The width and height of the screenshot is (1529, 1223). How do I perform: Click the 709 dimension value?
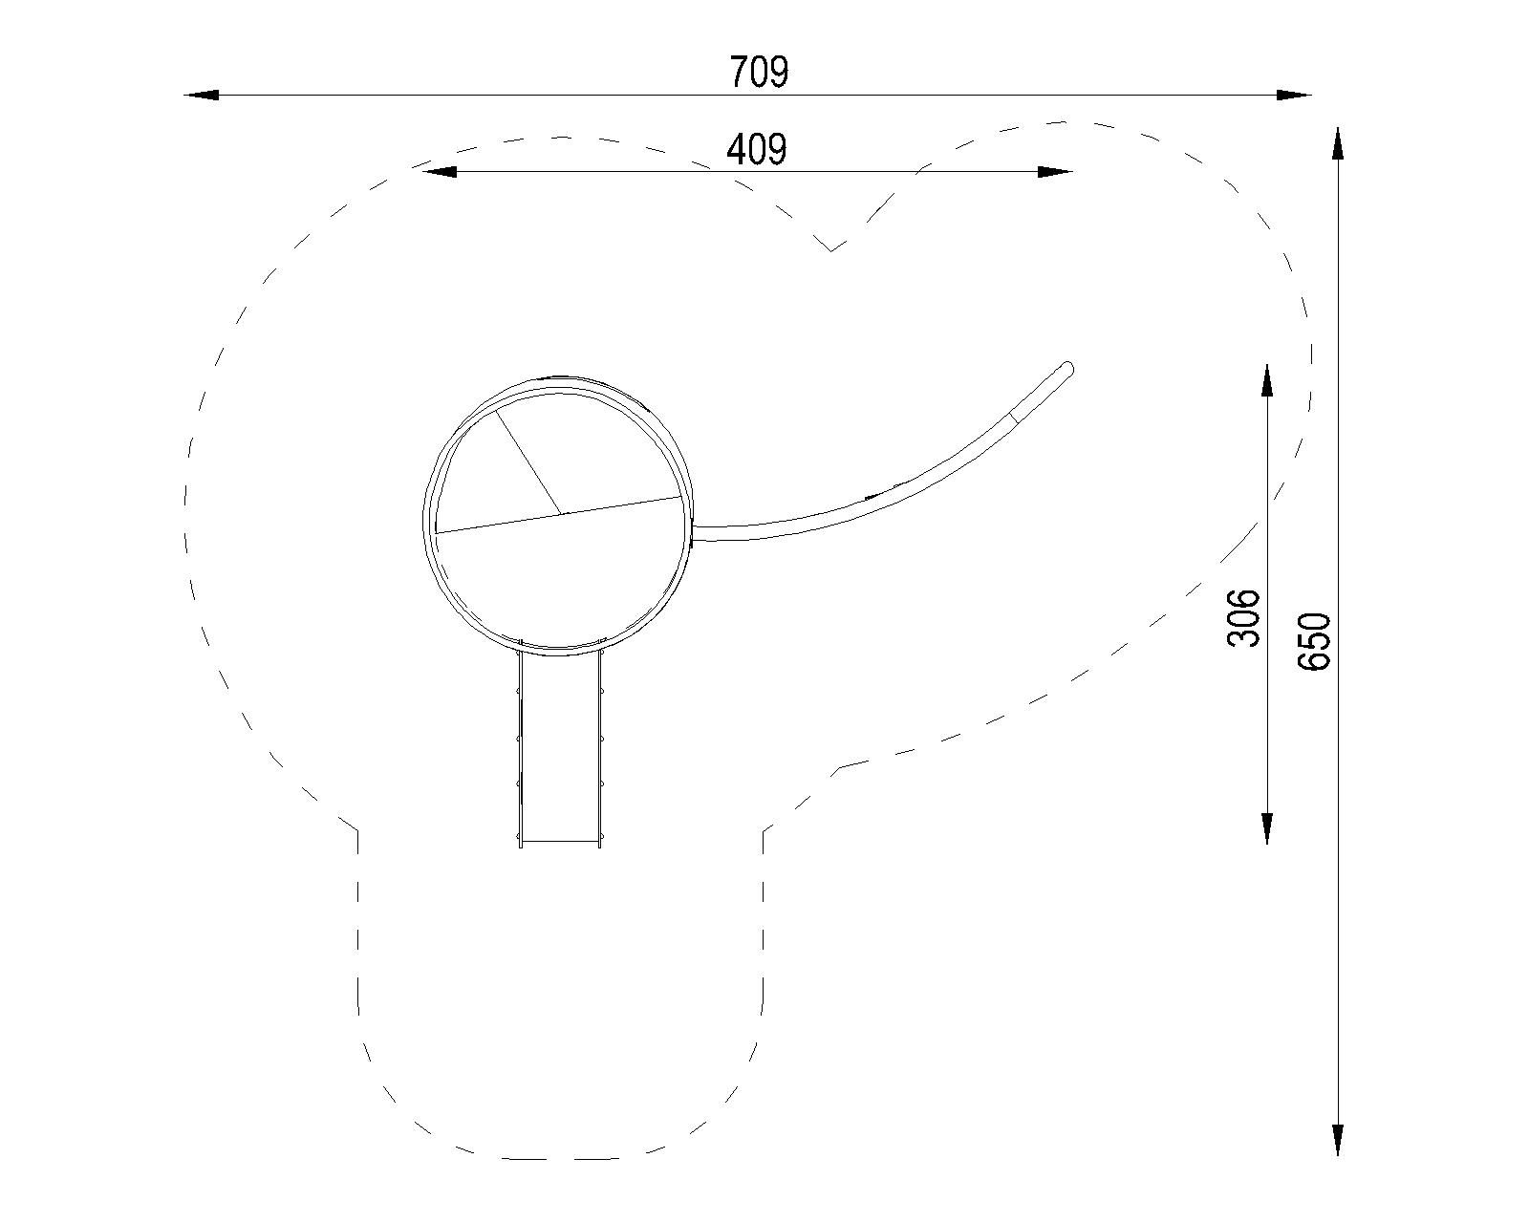click(x=760, y=73)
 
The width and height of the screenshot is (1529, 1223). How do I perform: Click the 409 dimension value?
click(x=757, y=149)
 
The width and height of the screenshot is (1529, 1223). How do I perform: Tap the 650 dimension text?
click(x=1315, y=641)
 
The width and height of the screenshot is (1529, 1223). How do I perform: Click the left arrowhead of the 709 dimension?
click(x=203, y=95)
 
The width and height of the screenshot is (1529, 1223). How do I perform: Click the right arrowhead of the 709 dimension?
click(x=1294, y=95)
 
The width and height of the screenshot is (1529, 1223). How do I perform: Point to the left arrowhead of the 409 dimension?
click(x=438, y=172)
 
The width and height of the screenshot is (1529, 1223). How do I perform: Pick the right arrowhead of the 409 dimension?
click(x=1055, y=172)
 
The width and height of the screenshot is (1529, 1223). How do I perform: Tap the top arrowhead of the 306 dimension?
click(x=1267, y=380)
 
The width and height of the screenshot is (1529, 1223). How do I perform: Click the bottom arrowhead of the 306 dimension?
click(x=1267, y=827)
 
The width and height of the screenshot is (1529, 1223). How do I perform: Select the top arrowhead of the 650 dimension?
click(x=1338, y=143)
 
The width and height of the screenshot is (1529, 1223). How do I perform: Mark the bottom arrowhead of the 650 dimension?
click(x=1338, y=1141)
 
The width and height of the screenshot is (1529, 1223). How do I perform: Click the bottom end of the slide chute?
click(x=560, y=841)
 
